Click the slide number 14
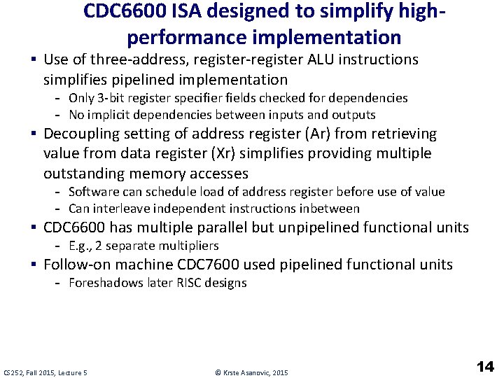(x=485, y=365)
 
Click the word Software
(x=94, y=192)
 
